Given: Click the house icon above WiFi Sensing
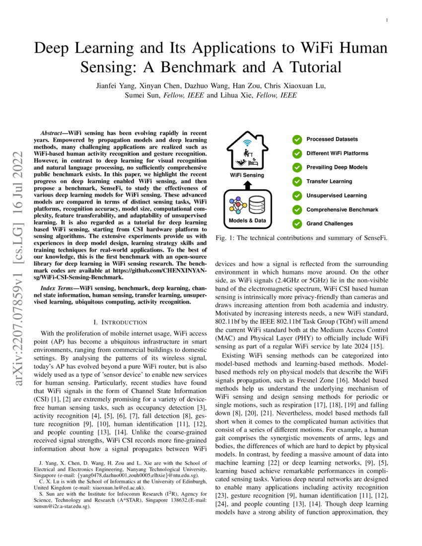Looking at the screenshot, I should pos(247,152).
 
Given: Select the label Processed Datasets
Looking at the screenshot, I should pos(332,139).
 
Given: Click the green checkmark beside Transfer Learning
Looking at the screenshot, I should pos(297,182).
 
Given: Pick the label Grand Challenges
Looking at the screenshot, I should pos(330,224).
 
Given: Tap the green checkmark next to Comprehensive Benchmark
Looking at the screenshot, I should pos(297,210).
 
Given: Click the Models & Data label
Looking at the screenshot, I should pos(247,220).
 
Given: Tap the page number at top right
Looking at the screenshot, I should pos(386,20).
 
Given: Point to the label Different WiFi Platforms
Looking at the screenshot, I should pos(337,153).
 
